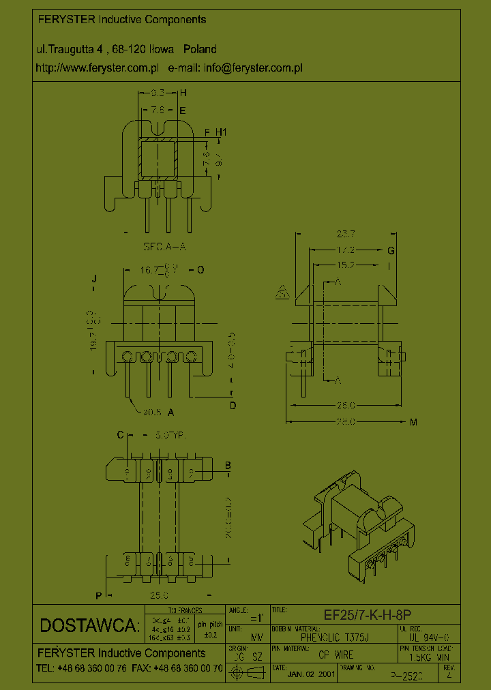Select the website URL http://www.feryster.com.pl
pyautogui.click(x=97, y=68)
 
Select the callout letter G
pyautogui.click(x=391, y=251)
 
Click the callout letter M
pyautogui.click(x=413, y=422)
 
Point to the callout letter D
pyautogui.click(x=233, y=406)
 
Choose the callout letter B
pyautogui.click(x=228, y=466)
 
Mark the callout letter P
pyautogui.click(x=99, y=595)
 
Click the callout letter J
pyautogui.click(x=95, y=278)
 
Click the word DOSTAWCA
pyautogui.click(x=89, y=625)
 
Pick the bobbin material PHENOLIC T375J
pyautogui.click(x=334, y=637)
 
